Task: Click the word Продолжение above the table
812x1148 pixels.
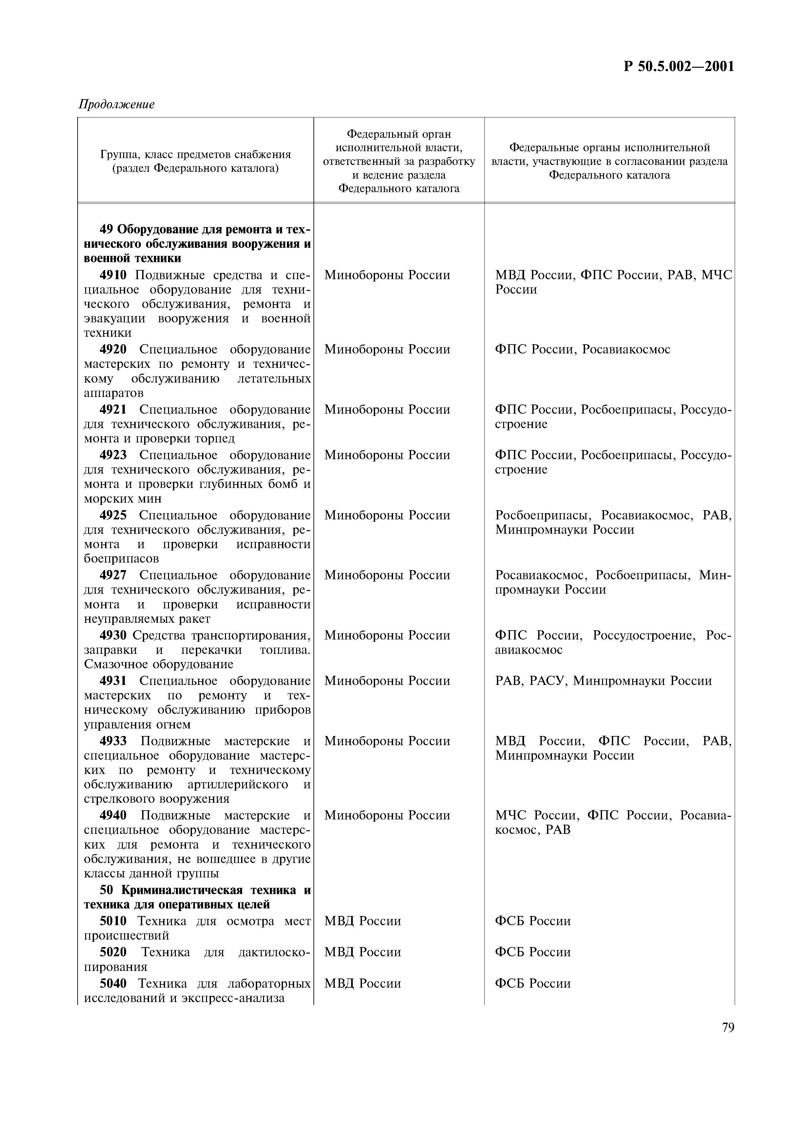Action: click(x=116, y=104)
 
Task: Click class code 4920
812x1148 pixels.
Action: click(x=113, y=350)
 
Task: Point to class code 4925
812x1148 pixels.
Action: click(x=113, y=515)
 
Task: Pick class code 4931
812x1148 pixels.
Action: click(x=113, y=681)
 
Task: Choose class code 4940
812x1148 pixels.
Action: click(x=113, y=816)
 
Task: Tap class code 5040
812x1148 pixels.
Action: click(x=113, y=983)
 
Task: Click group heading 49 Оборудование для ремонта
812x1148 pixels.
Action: click(x=197, y=244)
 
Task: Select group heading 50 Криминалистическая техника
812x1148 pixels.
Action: click(x=197, y=898)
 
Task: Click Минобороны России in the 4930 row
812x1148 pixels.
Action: click(x=387, y=636)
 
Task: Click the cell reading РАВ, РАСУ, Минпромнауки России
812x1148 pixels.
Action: click(x=603, y=681)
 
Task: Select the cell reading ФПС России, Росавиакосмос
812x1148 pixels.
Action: click(x=582, y=350)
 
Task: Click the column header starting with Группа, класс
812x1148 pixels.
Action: click(x=196, y=162)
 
